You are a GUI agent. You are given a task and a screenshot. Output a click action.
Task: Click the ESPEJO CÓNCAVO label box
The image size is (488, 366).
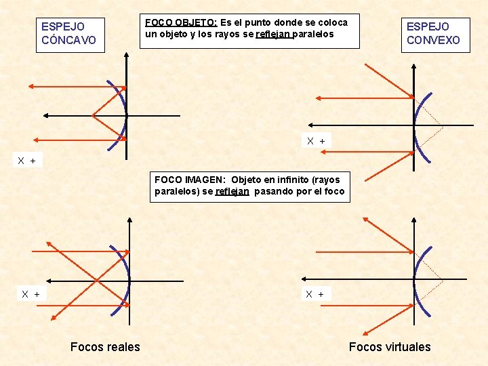pyautogui.click(x=68, y=33)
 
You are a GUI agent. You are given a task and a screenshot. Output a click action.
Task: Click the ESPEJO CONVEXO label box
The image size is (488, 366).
pyautogui.click(x=433, y=33)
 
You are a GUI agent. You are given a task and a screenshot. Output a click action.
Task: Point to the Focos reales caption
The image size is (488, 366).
pyautogui.click(x=105, y=347)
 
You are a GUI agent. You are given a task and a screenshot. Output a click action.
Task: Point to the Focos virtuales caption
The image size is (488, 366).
pyautogui.click(x=390, y=347)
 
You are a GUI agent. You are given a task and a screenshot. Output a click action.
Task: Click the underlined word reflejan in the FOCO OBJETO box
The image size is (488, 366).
pyautogui.click(x=274, y=34)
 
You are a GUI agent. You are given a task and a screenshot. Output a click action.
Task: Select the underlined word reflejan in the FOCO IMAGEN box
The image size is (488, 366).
pyautogui.click(x=232, y=191)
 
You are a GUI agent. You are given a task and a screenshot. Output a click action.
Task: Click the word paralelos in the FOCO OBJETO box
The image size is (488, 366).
pyautogui.click(x=313, y=34)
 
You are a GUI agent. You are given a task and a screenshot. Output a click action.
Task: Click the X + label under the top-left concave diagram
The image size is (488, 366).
pyautogui.click(x=29, y=161)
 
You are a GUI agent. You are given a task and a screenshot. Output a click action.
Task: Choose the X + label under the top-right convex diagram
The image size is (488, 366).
pyautogui.click(x=316, y=141)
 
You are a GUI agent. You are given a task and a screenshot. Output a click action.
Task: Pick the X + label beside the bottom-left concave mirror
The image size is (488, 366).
pyautogui.click(x=30, y=294)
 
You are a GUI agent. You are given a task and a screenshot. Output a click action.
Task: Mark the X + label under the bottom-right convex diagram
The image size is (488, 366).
pyautogui.click(x=314, y=294)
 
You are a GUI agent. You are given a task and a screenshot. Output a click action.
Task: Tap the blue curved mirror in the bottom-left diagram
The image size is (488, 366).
pyautogui.click(x=124, y=278)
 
